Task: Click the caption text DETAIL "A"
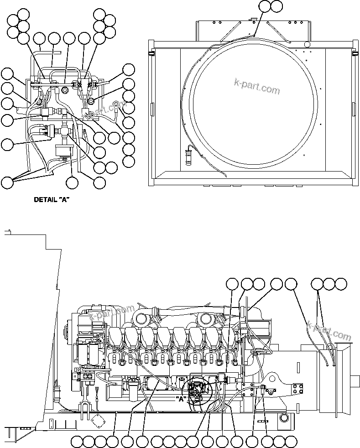pyautogui.click(x=51, y=199)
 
